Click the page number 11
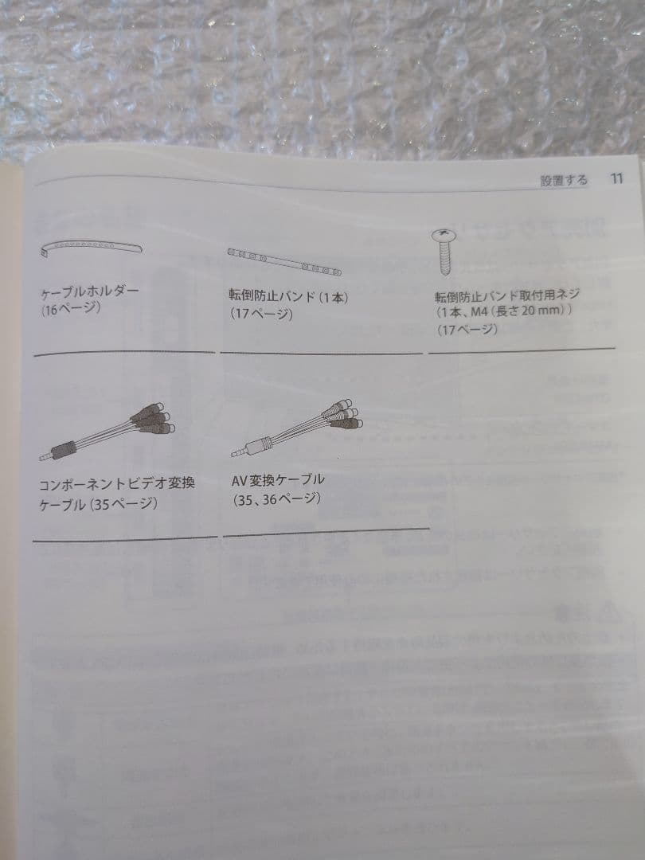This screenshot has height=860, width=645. click(616, 179)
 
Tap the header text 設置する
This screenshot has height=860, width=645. click(564, 180)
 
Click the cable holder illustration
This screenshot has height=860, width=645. click(91, 248)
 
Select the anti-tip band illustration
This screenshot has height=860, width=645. click(284, 261)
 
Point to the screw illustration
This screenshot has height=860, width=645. click(444, 251)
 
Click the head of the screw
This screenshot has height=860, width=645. click(444, 236)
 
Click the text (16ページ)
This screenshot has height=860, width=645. click(70, 309)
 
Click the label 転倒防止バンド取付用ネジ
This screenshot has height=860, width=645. click(507, 295)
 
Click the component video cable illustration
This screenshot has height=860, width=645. click(107, 432)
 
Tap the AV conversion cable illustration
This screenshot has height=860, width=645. click(297, 428)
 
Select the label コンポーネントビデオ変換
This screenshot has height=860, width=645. click(117, 485)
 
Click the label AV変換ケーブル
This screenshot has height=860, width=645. click(278, 480)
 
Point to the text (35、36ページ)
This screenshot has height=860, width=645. click(276, 499)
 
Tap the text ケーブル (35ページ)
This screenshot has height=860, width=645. click(98, 504)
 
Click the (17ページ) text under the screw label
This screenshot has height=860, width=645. click(467, 330)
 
